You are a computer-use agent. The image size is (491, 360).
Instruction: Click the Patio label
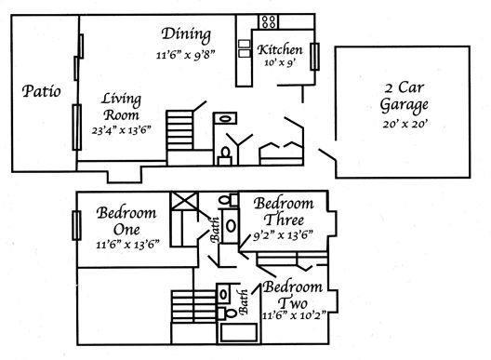coord(41,91)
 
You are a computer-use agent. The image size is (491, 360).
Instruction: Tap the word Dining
coord(186,34)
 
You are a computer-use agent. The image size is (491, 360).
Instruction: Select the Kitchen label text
coord(280,49)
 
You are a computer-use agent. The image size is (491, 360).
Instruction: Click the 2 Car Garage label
coord(404,96)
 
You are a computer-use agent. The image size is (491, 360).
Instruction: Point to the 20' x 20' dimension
coord(405,124)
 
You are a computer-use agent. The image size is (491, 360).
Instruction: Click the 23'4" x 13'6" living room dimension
coord(122,130)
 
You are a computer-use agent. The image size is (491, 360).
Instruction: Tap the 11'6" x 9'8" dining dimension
coord(186,55)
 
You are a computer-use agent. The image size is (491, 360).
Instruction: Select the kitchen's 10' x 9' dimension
coord(280,62)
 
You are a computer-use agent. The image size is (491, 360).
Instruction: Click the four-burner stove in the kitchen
coord(269,22)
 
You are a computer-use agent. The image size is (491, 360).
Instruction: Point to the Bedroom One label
coord(126,221)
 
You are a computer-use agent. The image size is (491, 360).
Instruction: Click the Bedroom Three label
coord(284,211)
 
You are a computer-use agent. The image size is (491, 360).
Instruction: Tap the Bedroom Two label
coord(293,295)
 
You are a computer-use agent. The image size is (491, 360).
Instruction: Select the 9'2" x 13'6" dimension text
coord(283,235)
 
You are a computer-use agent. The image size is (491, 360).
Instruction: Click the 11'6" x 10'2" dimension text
coord(295,314)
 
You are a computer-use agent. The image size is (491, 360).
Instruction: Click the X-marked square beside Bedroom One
coord(184,201)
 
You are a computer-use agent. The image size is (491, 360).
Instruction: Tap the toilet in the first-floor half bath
coord(225,156)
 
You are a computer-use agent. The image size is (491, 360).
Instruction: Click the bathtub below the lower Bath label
coord(238,332)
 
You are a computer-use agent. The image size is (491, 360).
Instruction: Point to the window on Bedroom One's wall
coord(76,226)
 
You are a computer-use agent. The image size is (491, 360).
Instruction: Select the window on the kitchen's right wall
coord(314,57)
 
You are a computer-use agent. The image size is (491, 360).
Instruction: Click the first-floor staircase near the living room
coord(179,130)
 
